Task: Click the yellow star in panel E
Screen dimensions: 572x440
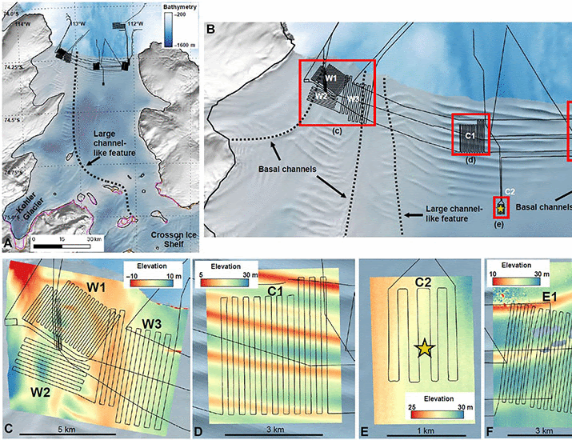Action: click(x=423, y=347)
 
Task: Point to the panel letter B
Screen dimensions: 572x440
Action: click(x=211, y=30)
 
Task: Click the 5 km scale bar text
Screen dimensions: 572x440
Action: click(x=90, y=429)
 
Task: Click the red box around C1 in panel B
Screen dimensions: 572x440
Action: click(x=471, y=136)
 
